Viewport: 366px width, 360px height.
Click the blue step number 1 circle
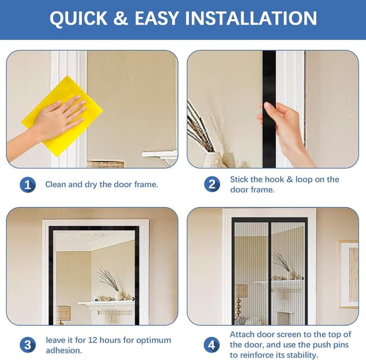click(x=27, y=184)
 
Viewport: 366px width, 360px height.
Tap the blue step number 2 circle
click(x=212, y=184)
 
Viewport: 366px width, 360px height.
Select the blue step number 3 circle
click(x=27, y=345)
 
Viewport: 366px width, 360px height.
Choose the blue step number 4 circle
click(x=212, y=345)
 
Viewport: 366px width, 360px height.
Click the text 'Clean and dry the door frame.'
click(x=101, y=184)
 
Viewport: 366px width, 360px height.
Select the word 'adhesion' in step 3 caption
click(x=64, y=350)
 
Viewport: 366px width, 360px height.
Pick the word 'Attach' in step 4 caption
click(x=242, y=334)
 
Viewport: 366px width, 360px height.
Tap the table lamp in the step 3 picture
click(x=63, y=312)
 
